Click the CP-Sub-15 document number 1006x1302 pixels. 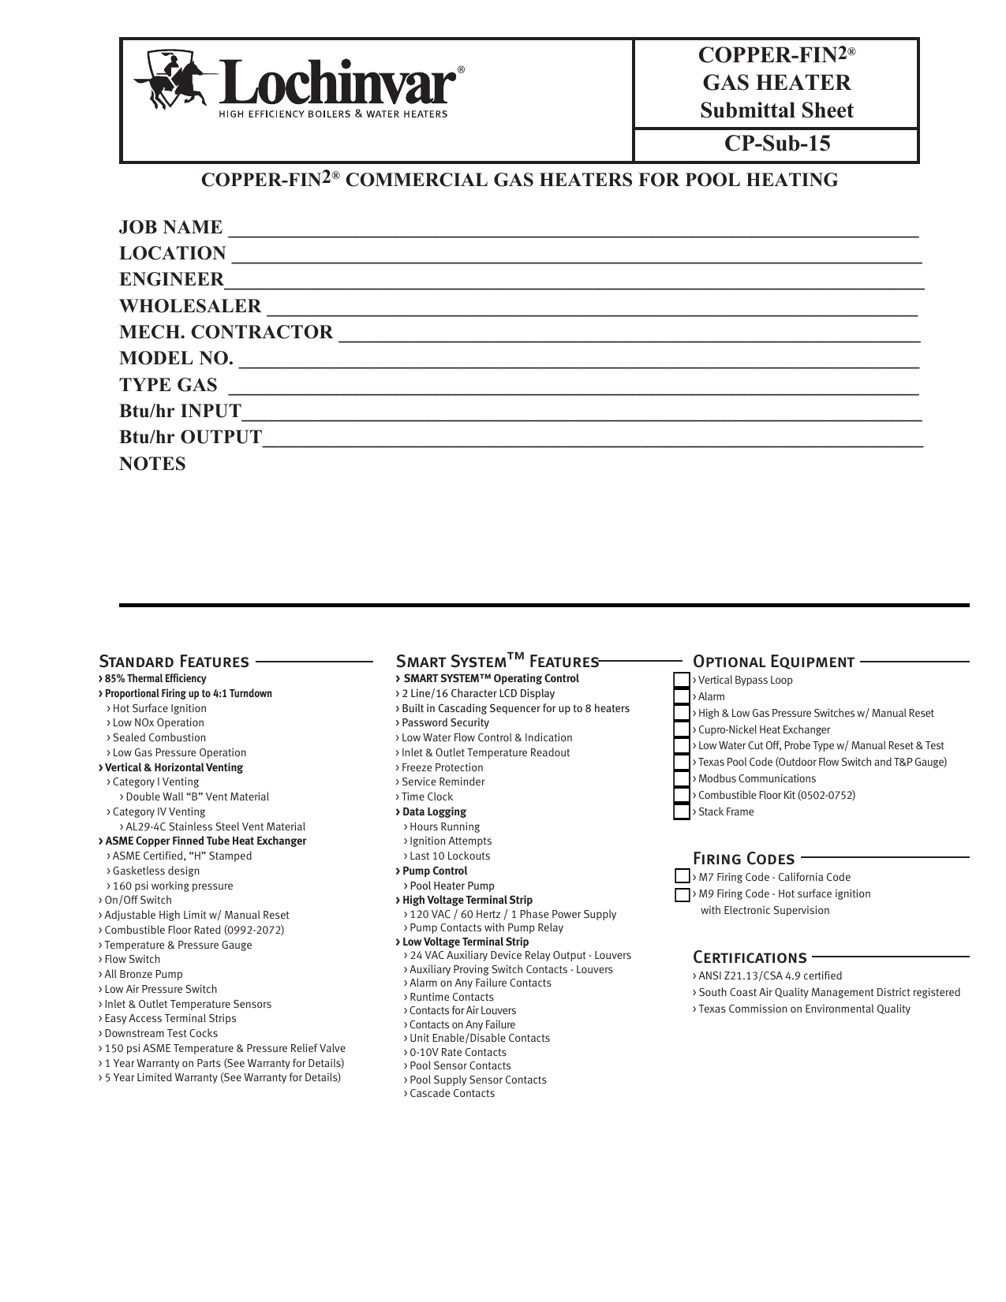coord(776,144)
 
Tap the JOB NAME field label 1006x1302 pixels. coord(171,228)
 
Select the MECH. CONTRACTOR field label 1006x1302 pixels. coord(226,333)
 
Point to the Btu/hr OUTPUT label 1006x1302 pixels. coord(190,438)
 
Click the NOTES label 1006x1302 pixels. coord(153,464)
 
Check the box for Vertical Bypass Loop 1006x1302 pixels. coord(682,680)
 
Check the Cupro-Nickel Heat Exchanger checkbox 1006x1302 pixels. coord(682,729)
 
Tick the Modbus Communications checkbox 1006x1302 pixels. coord(682,778)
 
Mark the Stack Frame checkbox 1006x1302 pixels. coord(682,811)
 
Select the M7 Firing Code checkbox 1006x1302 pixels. coord(683,877)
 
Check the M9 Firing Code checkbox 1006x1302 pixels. coord(683,894)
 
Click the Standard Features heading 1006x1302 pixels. coord(174,661)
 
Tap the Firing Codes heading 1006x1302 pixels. coord(743,858)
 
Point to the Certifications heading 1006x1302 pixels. coord(750,957)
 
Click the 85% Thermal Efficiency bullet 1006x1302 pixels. coord(155,679)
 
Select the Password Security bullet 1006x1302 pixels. coord(445,723)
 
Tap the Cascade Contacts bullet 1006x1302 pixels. coord(452,1094)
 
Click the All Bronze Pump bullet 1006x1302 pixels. coord(144,975)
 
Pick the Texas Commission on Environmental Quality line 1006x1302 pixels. coord(804,1009)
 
